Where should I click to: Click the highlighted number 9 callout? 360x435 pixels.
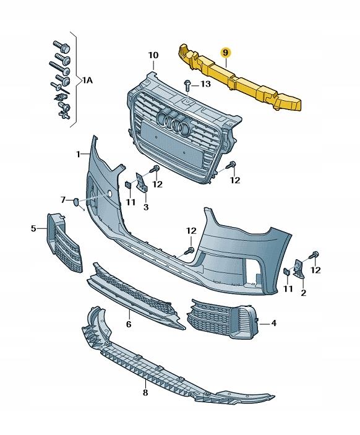click(x=226, y=52)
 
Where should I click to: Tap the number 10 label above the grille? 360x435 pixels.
click(x=153, y=55)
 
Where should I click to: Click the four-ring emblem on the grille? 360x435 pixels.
click(x=173, y=122)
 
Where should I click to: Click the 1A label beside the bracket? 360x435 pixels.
click(x=87, y=80)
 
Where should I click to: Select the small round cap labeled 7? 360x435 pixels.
click(x=76, y=202)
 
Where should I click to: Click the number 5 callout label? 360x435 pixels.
click(x=33, y=228)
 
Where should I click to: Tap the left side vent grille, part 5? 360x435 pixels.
click(x=64, y=243)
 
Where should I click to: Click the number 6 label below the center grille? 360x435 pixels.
click(x=129, y=324)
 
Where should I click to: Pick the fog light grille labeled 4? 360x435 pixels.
click(x=223, y=319)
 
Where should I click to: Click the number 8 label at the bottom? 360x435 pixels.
click(x=145, y=392)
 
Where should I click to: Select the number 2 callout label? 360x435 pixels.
click(x=304, y=293)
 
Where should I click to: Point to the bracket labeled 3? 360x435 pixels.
click(x=142, y=182)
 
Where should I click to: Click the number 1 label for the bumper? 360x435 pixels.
click(x=78, y=154)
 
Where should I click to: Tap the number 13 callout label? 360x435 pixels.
click(x=205, y=84)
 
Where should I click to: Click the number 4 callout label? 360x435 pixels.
click(x=274, y=323)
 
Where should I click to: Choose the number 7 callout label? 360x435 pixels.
click(x=63, y=199)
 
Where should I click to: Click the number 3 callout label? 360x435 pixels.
click(x=146, y=207)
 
